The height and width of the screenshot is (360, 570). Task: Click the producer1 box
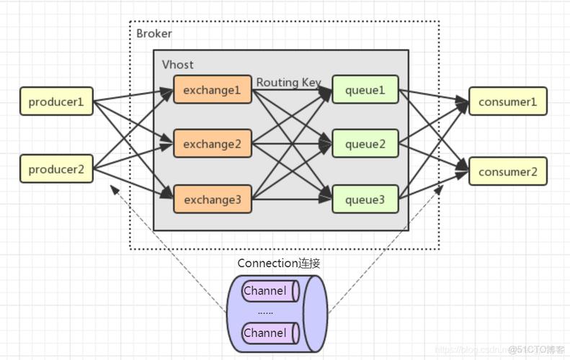click(x=56, y=102)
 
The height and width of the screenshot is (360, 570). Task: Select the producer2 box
click(x=56, y=169)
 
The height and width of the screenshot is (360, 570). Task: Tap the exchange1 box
click(x=212, y=90)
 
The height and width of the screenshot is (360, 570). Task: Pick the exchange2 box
click(x=212, y=144)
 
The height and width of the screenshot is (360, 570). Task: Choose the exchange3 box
click(x=212, y=199)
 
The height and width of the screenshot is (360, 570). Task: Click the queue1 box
click(x=365, y=90)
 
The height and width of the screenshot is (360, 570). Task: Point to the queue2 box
click(x=365, y=144)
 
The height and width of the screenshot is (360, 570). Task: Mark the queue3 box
click(x=365, y=199)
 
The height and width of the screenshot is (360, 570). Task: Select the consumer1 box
click(x=507, y=102)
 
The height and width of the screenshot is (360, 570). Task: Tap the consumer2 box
click(x=507, y=171)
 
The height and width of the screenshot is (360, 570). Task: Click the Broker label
click(x=154, y=34)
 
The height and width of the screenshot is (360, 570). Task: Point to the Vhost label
click(x=177, y=64)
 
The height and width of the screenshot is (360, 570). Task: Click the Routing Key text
click(x=288, y=82)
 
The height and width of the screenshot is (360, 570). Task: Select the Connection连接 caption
click(x=279, y=264)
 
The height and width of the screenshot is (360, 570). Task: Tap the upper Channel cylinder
click(x=269, y=291)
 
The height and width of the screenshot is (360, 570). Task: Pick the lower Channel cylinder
click(x=269, y=333)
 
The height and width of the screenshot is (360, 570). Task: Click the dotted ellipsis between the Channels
click(x=265, y=312)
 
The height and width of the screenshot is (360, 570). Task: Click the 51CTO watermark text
click(x=536, y=350)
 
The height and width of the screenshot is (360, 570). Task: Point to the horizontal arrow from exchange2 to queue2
click(x=291, y=144)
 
